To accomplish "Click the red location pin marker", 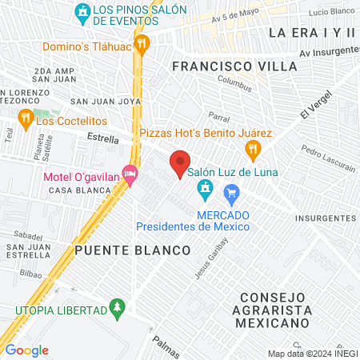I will pos(181,163).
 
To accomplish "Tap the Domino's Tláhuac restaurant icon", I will pos(142,42).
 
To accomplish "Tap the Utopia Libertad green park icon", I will pos(118,308).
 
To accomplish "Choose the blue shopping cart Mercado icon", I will pos(232,192).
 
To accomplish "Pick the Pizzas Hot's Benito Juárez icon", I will pos(253,148).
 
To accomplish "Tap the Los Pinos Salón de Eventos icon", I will pos(82,12).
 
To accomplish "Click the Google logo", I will pos(26,350).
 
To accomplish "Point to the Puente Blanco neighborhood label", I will pos(133,250).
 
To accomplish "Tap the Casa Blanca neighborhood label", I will pos(73,190).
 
